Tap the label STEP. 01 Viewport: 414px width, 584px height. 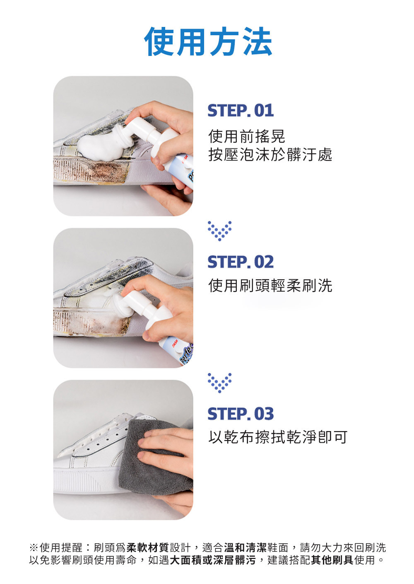[x=241, y=111]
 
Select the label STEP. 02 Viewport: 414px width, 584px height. [x=241, y=262]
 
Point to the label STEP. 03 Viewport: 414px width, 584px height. [x=241, y=414]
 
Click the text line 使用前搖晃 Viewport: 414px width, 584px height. [x=247, y=136]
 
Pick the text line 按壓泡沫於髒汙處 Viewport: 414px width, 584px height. [x=270, y=155]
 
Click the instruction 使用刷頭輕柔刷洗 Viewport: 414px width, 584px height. [x=270, y=285]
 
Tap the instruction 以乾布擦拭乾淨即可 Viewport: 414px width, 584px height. [x=278, y=437]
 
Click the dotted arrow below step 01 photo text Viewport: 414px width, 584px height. [x=219, y=231]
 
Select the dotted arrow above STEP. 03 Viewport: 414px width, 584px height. [x=219, y=383]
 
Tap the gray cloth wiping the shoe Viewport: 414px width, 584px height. [x=154, y=459]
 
